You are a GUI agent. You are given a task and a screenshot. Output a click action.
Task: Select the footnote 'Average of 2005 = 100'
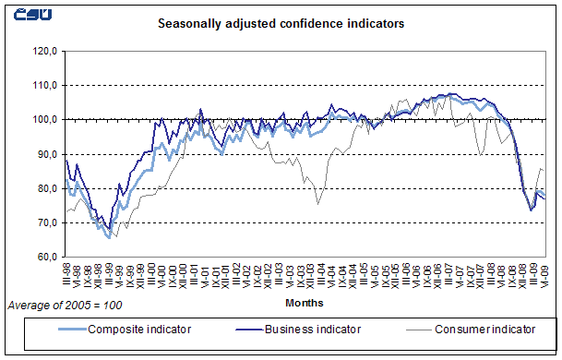tap(65, 304)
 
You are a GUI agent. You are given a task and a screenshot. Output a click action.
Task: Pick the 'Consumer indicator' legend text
tap(486, 328)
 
